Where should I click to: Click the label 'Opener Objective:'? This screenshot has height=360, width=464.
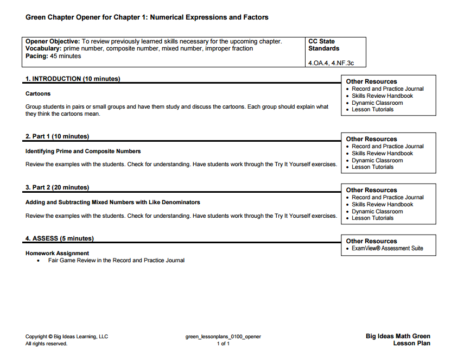coord(53,41)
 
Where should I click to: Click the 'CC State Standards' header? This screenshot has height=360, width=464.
coord(323,45)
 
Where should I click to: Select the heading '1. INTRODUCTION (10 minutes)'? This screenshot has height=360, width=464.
coord(73,79)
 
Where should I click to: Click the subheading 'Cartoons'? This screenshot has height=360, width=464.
coord(38,93)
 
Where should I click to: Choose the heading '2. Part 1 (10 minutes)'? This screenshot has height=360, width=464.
coord(57,136)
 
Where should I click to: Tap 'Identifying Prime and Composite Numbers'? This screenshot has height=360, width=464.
coord(83,151)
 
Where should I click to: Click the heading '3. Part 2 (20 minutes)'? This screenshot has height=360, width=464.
coord(57,187)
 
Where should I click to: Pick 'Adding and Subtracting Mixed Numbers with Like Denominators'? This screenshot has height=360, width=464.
coord(112,202)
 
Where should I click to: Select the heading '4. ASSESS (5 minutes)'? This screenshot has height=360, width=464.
coord(59,238)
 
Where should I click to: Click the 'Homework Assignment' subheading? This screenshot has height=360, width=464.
coord(57,253)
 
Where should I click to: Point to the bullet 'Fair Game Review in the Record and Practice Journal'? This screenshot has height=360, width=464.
coord(116,260)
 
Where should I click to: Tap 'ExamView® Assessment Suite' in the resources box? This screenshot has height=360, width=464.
coord(387,248)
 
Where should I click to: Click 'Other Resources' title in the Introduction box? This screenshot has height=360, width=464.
coord(371,81)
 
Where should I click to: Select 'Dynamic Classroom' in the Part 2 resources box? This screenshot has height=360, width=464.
coord(377,211)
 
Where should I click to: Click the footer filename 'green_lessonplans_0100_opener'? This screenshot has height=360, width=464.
coord(223,337)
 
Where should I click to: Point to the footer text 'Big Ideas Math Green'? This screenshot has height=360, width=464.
coord(398,336)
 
